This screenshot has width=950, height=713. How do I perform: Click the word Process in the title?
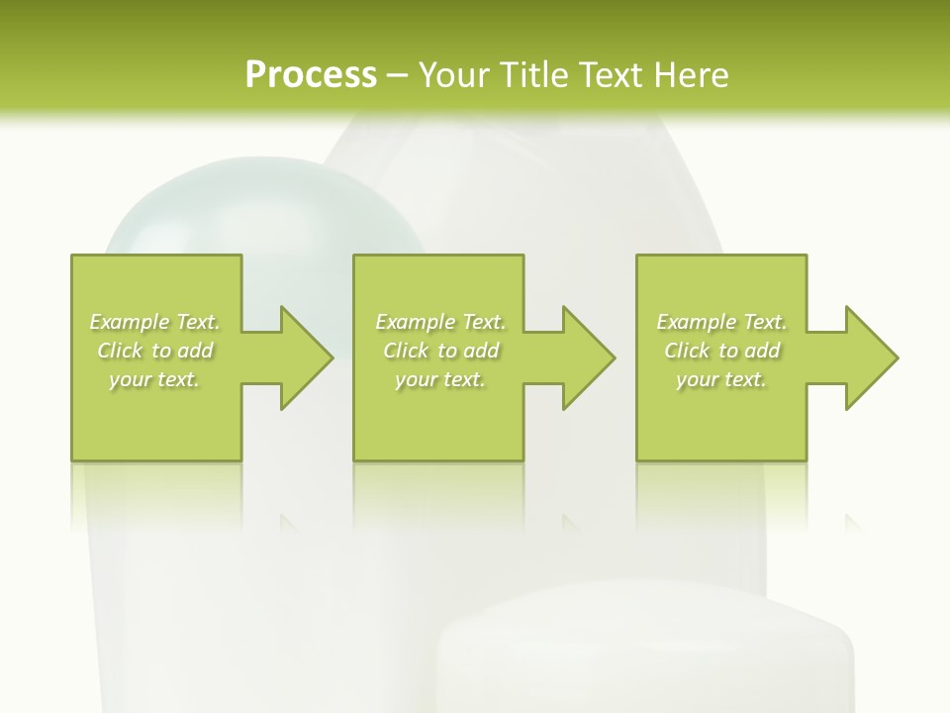pos(311,74)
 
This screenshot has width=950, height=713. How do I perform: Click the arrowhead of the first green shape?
pos(303,357)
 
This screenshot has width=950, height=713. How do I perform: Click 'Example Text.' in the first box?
pos(155,322)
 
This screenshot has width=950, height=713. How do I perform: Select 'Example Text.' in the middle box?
pos(440,322)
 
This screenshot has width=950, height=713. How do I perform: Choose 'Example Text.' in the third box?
pos(721,322)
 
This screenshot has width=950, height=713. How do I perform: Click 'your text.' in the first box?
pos(153,379)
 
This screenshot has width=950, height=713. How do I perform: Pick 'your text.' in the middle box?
pos(439,379)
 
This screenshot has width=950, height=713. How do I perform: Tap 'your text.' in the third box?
pos(720,379)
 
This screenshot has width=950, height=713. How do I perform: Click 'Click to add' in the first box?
pos(155,351)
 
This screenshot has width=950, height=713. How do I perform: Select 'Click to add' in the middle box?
pos(440,351)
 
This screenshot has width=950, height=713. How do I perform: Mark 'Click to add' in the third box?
pos(721,351)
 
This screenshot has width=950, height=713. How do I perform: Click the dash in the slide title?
pos(398,75)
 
